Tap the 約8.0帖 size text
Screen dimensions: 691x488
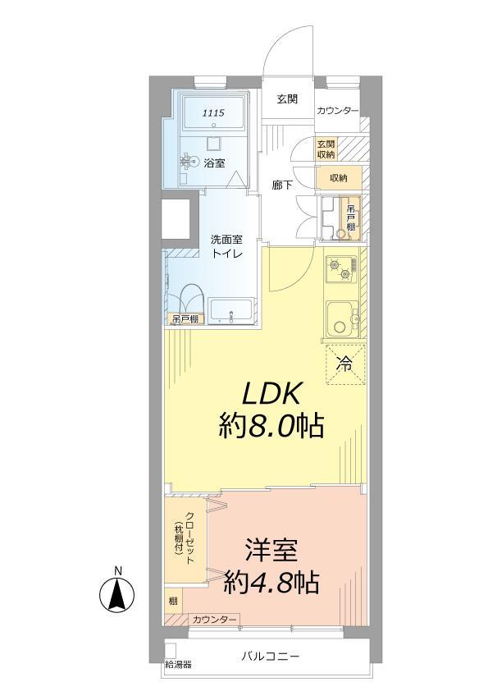point(270,426)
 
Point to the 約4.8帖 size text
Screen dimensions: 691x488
point(271,582)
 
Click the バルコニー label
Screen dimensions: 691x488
point(271,657)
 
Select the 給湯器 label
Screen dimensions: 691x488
point(178,664)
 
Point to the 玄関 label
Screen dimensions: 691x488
point(286,99)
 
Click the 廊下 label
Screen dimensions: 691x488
point(283,185)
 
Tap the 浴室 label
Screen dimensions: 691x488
point(215,162)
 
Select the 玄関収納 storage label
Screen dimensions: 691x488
point(326,149)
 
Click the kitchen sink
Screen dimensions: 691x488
point(339,318)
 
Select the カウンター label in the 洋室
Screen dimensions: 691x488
point(215,618)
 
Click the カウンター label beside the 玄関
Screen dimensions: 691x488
point(337,111)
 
